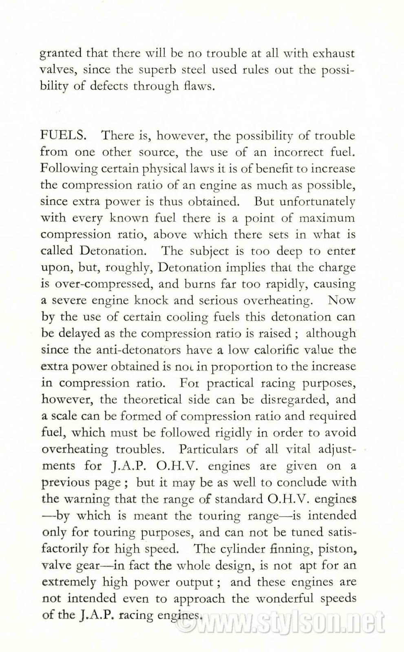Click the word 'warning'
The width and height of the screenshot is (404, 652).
pyautogui.click(x=86, y=499)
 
